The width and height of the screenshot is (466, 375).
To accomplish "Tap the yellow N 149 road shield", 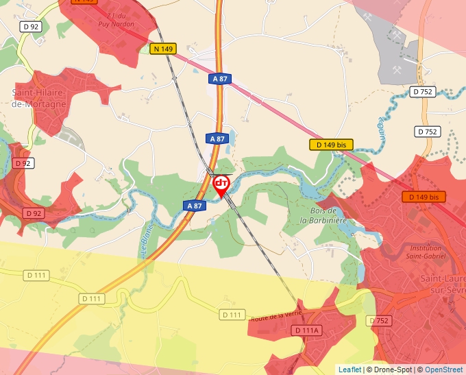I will click(x=164, y=49).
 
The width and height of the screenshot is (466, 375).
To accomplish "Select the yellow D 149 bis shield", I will click(x=331, y=145).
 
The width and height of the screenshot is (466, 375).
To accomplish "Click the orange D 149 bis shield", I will click(x=424, y=197).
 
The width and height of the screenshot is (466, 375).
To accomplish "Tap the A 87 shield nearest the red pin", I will click(x=195, y=205).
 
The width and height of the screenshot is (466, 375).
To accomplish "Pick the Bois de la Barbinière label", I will click(x=323, y=216).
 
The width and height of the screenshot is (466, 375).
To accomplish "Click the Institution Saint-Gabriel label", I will click(x=426, y=252).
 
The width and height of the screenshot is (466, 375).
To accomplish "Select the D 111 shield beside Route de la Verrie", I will click(x=232, y=315).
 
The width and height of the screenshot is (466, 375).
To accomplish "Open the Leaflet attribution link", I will click(x=349, y=370).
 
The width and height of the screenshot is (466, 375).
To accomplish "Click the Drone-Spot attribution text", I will click(x=389, y=370).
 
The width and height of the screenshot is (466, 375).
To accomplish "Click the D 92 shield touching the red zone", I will click(x=34, y=213).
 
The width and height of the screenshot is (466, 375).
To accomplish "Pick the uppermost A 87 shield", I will click(x=219, y=79).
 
